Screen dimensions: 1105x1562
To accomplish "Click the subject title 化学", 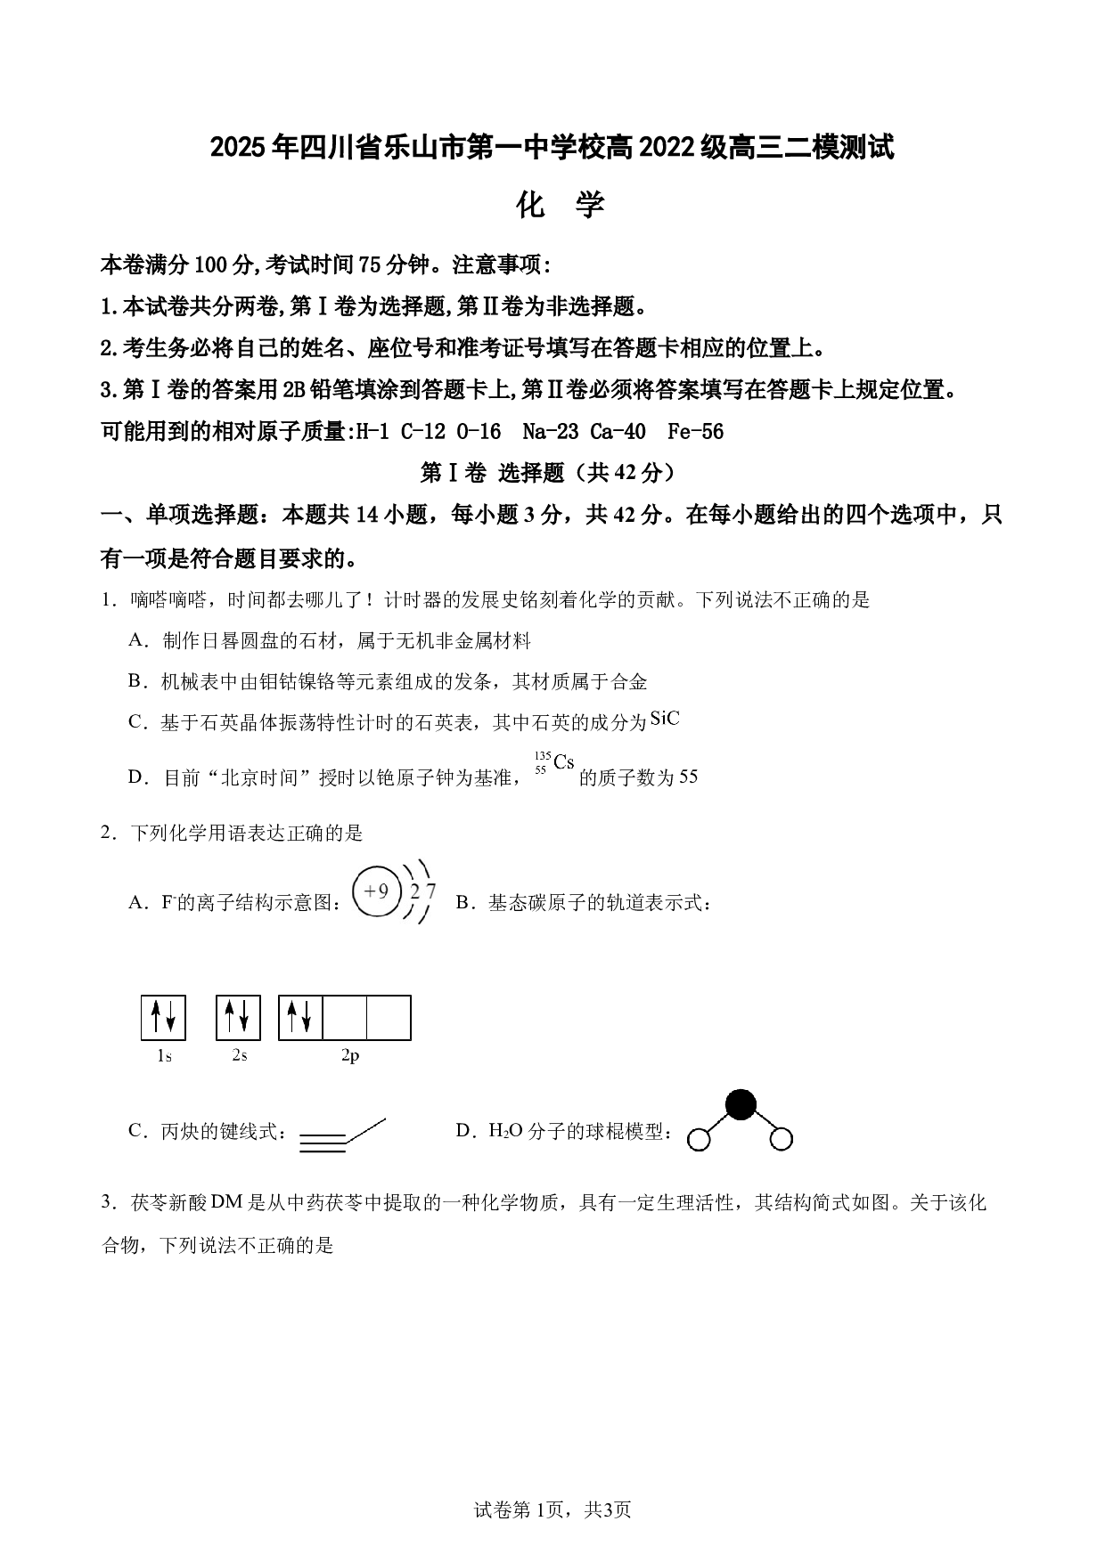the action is pyautogui.click(x=561, y=206).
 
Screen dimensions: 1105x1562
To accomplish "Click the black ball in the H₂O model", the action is pyautogui.click(x=740, y=1104).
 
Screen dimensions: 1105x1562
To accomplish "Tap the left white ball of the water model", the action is pyautogui.click(x=700, y=1139).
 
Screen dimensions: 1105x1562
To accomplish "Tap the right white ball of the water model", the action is pyautogui.click(x=781, y=1138).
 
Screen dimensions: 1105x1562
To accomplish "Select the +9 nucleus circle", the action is pyautogui.click(x=377, y=891).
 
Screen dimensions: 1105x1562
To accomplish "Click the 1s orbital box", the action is pyautogui.click(x=163, y=1017).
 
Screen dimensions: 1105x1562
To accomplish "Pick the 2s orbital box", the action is pyautogui.click(x=238, y=1017).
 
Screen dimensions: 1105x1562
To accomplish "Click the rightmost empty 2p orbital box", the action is pyautogui.click(x=389, y=1018).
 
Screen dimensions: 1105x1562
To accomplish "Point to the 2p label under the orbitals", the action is pyautogui.click(x=350, y=1055).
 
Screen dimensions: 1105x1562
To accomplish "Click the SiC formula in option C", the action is pyautogui.click(x=665, y=719).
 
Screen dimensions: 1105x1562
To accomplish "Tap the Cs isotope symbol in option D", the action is pyautogui.click(x=553, y=763).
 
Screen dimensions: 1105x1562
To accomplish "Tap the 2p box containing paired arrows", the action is pyautogui.click(x=300, y=1018).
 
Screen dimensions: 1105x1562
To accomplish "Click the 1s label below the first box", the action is pyautogui.click(x=164, y=1056).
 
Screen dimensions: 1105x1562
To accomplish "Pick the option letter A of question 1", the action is pyautogui.click(x=136, y=639).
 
